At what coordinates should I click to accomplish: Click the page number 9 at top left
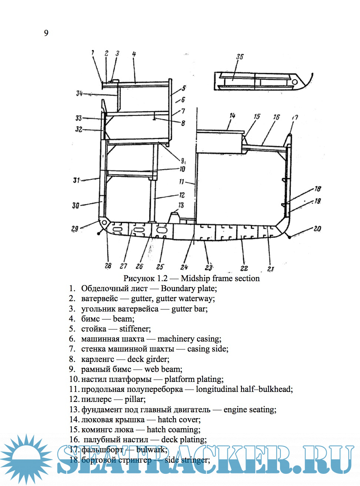tap(46, 33)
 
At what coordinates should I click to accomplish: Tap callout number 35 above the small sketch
tap(240, 57)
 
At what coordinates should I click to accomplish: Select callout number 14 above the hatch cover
tap(232, 116)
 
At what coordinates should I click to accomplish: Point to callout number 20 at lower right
tap(317, 229)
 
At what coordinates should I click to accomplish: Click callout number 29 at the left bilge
tap(75, 229)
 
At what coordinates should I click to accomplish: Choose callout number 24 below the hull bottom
tap(184, 267)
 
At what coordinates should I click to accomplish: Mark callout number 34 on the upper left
tap(79, 93)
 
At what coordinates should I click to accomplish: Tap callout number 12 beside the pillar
tap(182, 195)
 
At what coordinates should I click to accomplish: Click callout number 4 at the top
tap(134, 54)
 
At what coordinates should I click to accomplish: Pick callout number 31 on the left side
tap(76, 180)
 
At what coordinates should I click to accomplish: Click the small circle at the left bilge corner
tap(104, 222)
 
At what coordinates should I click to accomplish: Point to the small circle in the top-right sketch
tap(295, 81)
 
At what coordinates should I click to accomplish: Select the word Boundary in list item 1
tap(178, 288)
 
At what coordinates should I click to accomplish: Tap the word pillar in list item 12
tap(135, 399)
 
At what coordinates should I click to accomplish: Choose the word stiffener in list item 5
tap(134, 329)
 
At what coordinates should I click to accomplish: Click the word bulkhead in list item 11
tap(275, 389)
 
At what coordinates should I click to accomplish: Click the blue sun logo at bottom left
tap(26, 459)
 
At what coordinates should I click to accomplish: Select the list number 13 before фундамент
tap(74, 409)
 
